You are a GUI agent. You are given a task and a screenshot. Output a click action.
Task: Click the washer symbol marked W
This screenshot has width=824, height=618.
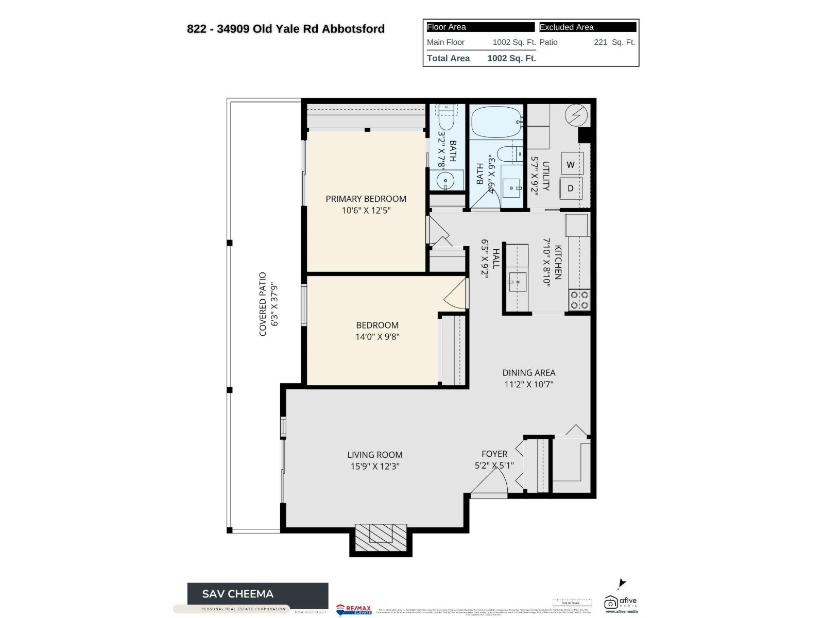(x=571, y=165)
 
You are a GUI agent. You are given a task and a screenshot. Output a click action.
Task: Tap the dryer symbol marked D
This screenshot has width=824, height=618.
(x=571, y=188)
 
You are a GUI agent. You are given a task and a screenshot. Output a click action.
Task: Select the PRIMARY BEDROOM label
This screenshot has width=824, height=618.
(x=366, y=199)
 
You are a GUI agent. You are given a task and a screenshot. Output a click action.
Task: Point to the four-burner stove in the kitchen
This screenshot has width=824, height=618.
(x=579, y=300)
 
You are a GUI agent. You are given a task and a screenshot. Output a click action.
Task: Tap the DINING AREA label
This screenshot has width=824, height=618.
(x=529, y=373)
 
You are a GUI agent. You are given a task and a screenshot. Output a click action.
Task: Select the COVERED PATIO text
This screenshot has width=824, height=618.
(x=263, y=304)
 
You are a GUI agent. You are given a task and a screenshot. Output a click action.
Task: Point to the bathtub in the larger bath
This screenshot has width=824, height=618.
(x=496, y=122)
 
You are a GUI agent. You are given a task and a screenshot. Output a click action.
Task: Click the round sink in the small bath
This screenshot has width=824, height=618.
(x=444, y=181)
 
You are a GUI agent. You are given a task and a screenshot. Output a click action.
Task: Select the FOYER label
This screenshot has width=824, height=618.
(x=494, y=454)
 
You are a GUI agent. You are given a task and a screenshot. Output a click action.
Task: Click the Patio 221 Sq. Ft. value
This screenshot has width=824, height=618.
(x=614, y=42)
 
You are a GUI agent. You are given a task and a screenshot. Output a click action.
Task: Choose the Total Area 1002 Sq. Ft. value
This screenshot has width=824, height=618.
(x=511, y=58)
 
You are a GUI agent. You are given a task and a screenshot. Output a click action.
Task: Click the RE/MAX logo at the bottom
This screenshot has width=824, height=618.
(x=353, y=609)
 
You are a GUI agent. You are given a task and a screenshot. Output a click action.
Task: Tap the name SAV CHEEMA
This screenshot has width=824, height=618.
(x=237, y=594)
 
